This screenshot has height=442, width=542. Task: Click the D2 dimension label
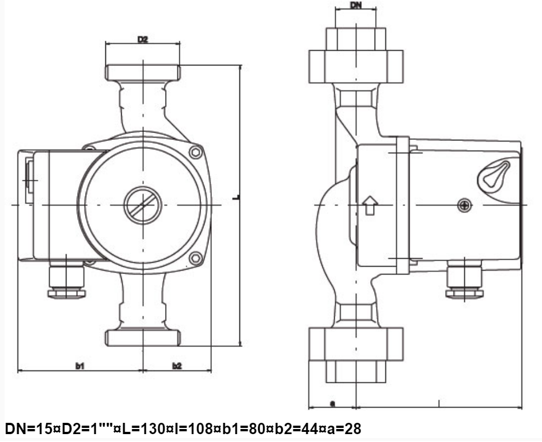tap(143, 39)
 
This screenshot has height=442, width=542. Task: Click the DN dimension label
tap(356, 5)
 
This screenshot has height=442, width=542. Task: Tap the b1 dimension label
tap(80, 366)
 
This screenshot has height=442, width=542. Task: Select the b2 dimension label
tap(177, 366)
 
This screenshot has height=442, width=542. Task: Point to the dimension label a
tap(332, 404)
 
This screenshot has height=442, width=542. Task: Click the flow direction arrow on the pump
tap(370, 205)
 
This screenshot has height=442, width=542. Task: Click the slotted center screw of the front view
tap(143, 205)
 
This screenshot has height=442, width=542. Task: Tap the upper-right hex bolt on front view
tap(196, 152)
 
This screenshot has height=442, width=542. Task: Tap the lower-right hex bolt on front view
tap(196, 258)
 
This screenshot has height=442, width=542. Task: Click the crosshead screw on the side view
tap(464, 205)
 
